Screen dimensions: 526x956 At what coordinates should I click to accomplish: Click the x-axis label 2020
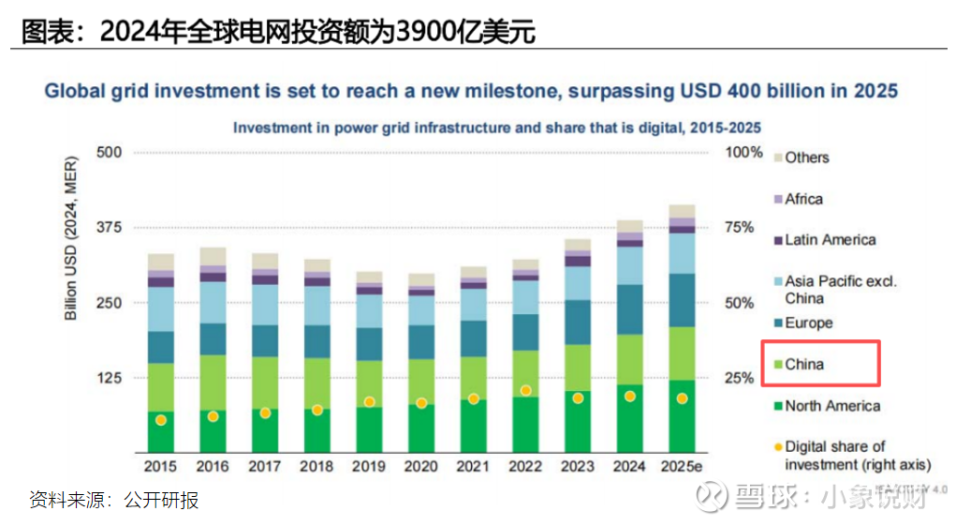(x=421, y=465)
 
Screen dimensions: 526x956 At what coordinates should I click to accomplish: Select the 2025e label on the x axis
(x=682, y=465)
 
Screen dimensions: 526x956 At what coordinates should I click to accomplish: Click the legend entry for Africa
(x=803, y=199)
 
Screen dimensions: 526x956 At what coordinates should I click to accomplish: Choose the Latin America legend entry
(x=830, y=240)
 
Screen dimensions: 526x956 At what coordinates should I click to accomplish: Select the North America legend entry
(x=831, y=406)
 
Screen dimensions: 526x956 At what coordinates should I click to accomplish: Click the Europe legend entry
(x=808, y=323)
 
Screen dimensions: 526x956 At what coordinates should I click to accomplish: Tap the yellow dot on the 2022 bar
(x=525, y=390)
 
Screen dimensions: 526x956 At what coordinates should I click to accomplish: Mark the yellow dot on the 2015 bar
(x=161, y=420)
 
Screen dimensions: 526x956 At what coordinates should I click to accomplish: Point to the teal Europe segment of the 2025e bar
(x=682, y=300)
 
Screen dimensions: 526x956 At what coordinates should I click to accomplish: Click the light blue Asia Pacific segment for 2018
(x=317, y=305)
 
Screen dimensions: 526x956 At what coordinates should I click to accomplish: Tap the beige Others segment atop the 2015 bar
(x=161, y=262)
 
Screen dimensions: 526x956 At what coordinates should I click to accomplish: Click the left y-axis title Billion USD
(x=71, y=239)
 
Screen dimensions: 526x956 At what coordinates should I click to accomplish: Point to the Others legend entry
(x=806, y=158)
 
